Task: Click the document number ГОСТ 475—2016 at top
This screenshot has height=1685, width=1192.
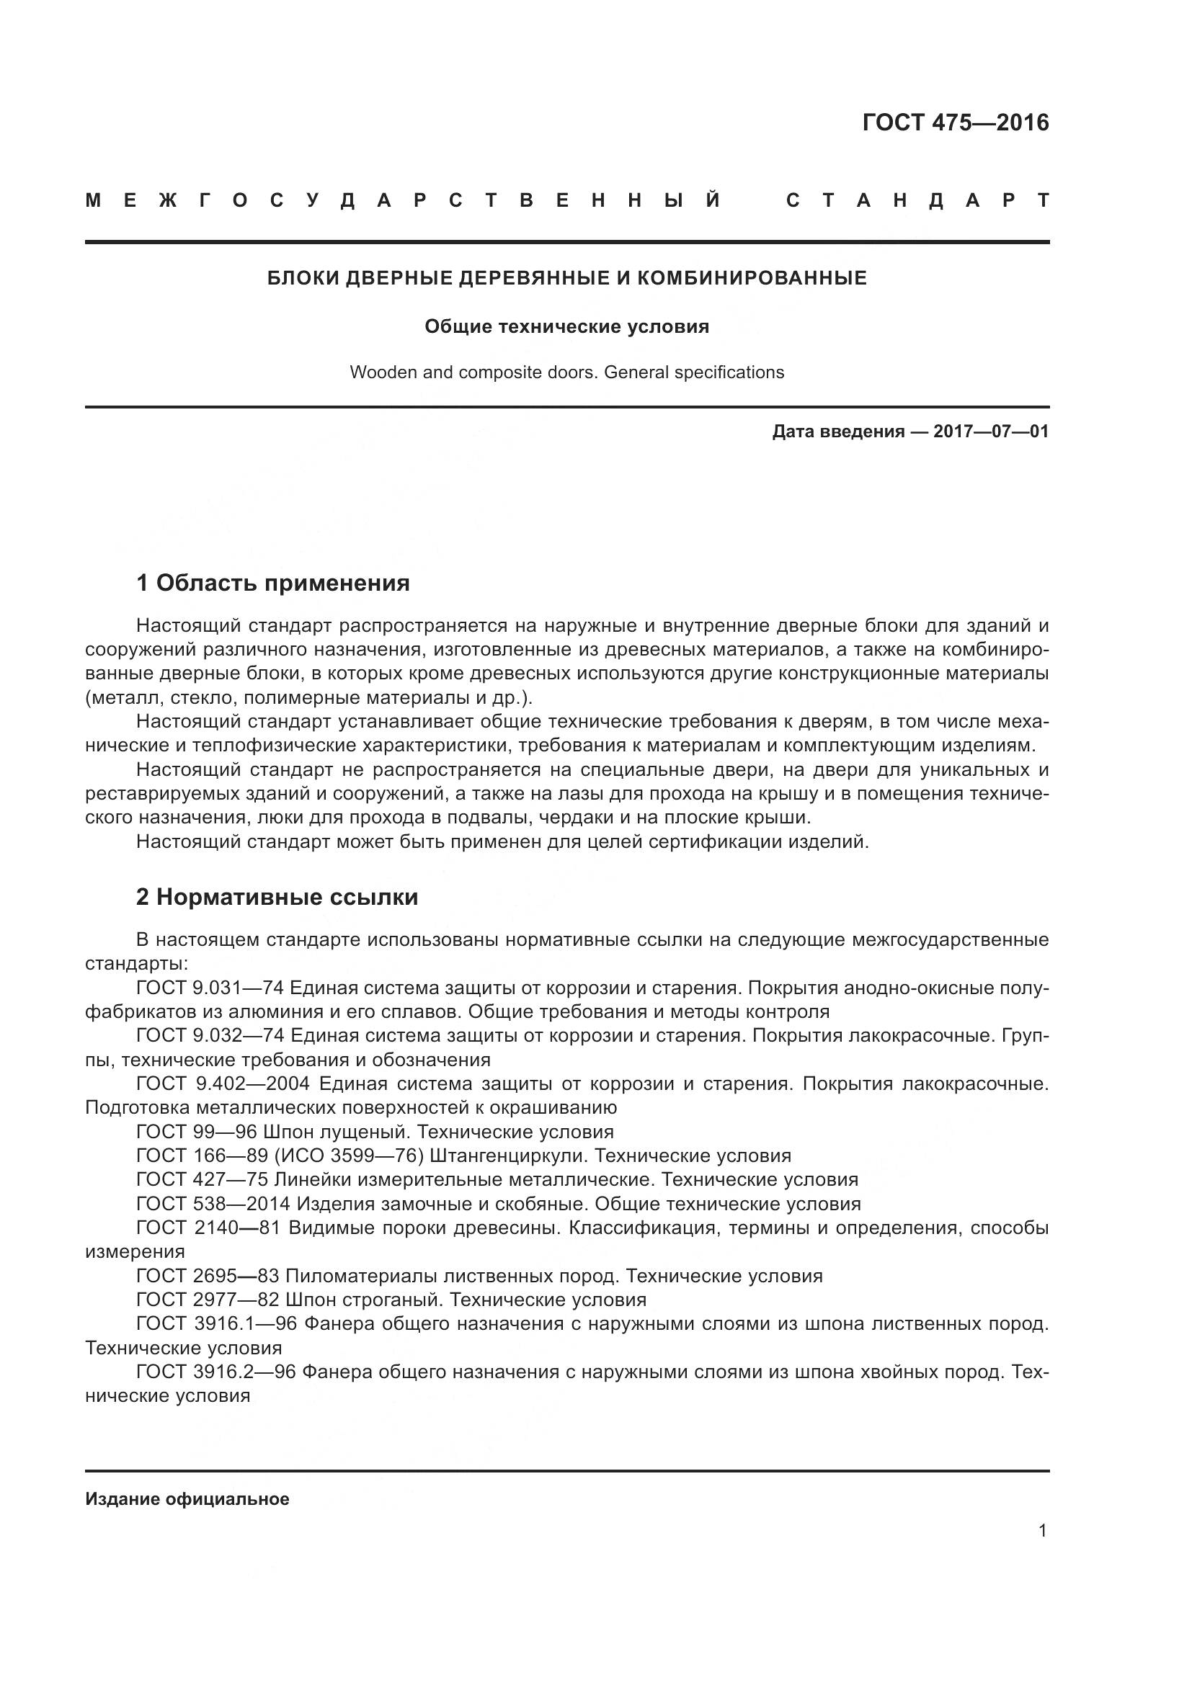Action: pos(955,122)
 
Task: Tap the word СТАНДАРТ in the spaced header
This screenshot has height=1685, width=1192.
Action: pos(917,200)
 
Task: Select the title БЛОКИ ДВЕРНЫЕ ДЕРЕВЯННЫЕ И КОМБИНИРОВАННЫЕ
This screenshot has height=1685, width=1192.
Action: pos(566,278)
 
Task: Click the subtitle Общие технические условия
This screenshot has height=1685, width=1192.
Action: pos(566,326)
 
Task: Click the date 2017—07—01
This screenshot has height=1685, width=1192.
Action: pos(991,432)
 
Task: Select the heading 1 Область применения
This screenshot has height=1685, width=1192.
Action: pos(273,584)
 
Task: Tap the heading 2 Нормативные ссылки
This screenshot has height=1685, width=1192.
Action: pos(277,897)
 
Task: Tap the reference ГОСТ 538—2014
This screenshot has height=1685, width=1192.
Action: pos(213,1204)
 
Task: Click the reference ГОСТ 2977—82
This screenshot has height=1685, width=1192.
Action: pos(208,1300)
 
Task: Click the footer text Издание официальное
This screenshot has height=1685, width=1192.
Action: pos(187,1499)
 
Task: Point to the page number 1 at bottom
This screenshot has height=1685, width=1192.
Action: pos(1042,1531)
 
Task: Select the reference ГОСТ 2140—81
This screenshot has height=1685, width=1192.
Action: pos(208,1228)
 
